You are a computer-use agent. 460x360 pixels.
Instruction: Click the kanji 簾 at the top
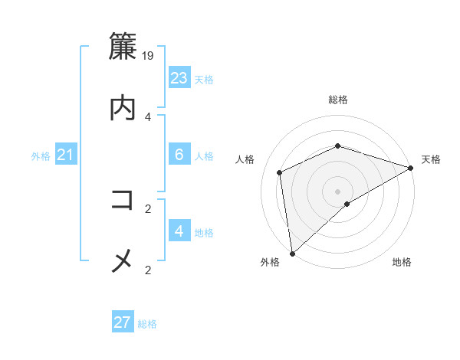pos(123,47)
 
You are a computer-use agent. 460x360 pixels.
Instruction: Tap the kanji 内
pos(123,107)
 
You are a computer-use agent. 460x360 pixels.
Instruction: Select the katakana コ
pos(123,201)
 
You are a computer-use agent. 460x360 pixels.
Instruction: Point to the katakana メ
pos(123,261)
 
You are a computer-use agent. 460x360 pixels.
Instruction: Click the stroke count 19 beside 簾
pos(149,56)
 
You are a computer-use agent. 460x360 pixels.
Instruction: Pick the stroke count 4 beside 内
pos(148,116)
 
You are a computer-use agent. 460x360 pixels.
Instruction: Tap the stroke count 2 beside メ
pos(148,269)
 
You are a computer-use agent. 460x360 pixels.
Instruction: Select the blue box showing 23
pos(179,78)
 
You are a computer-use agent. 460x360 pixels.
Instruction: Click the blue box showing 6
pos(179,155)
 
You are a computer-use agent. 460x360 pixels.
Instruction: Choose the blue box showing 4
pos(179,231)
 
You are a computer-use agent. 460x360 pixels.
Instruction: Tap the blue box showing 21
pos(65,155)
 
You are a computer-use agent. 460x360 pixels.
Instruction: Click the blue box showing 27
pos(123,322)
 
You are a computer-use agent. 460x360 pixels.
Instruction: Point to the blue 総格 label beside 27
pos(147,324)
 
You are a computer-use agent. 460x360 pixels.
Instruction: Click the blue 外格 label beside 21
pos(41,156)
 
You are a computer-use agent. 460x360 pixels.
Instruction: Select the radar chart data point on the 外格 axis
pos(292,254)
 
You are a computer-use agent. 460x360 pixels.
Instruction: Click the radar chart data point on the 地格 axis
pos(347,204)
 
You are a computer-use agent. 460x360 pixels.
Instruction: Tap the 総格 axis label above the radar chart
pos(338,100)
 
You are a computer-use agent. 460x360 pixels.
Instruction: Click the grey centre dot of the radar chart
pos(338,191)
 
